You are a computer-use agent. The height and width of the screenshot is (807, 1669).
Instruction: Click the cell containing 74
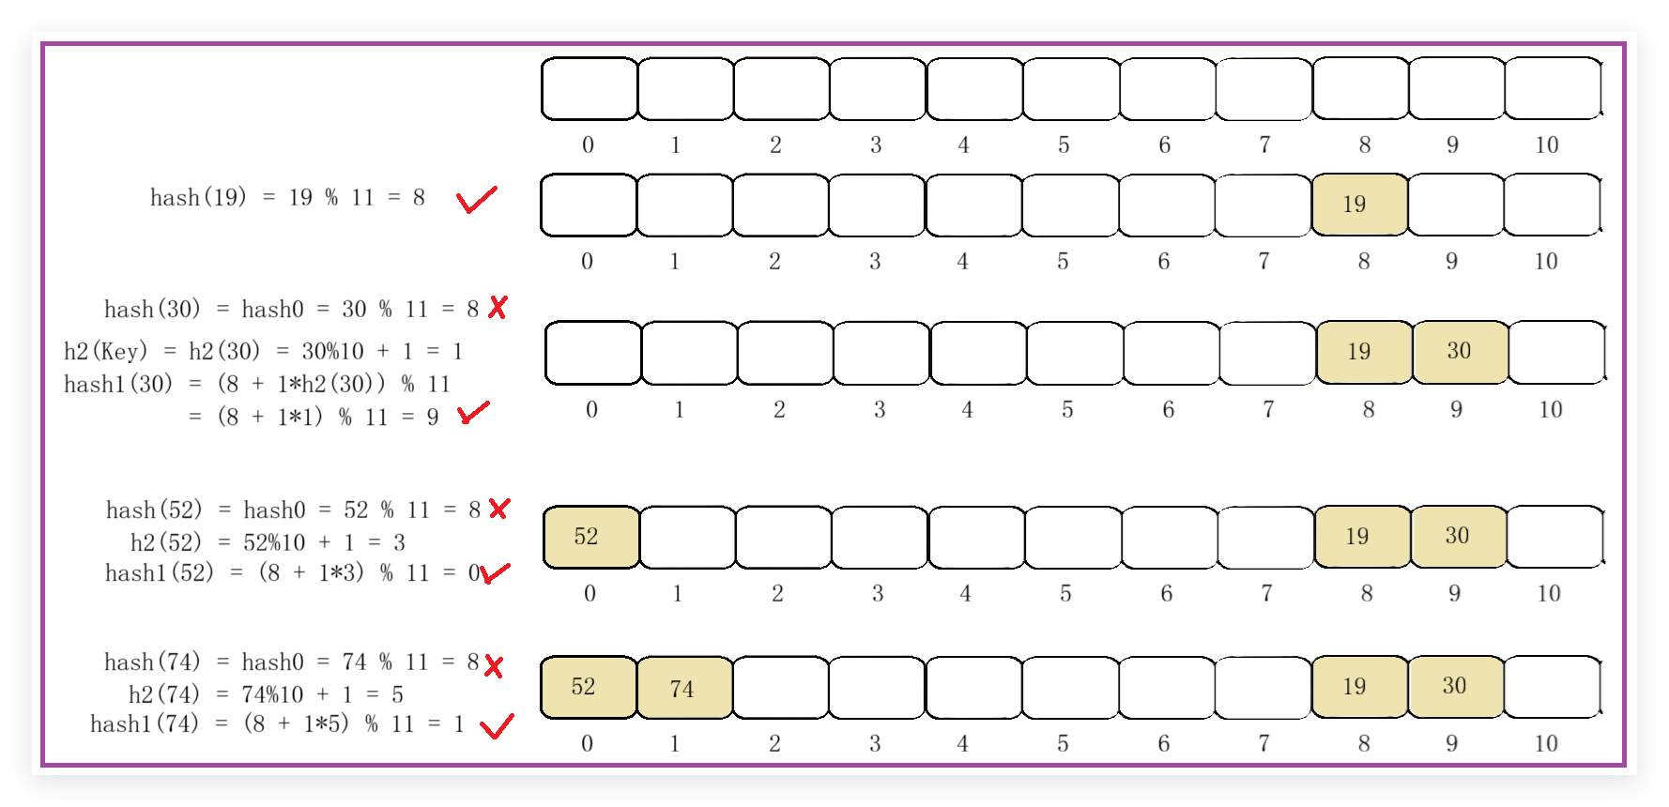[x=683, y=688]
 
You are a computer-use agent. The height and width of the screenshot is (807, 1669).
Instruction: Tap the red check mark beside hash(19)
[x=476, y=199]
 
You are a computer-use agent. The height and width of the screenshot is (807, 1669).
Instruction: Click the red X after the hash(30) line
[x=498, y=307]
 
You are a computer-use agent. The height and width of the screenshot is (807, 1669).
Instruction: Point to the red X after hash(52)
[x=498, y=509]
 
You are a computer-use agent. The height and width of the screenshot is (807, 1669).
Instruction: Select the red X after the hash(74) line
[x=494, y=666]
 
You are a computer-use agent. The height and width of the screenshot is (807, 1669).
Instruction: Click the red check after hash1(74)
[x=497, y=725]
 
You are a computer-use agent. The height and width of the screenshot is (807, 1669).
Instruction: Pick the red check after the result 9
[x=473, y=412]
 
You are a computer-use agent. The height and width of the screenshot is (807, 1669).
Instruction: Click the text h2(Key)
[x=106, y=351]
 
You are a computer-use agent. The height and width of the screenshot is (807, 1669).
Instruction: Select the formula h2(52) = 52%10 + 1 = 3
[x=268, y=542]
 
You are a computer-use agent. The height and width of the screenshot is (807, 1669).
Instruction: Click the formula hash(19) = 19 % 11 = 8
[x=287, y=197]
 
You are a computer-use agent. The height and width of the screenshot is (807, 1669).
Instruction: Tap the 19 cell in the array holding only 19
[x=1357, y=205]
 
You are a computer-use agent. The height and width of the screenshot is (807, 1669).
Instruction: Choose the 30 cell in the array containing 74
[x=1454, y=686]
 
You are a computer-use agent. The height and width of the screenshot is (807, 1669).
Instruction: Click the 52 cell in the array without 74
[x=589, y=537]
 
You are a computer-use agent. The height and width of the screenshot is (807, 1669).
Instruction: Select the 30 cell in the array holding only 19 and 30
[x=1459, y=352]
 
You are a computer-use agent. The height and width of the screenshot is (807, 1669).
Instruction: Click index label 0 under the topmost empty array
[x=588, y=145]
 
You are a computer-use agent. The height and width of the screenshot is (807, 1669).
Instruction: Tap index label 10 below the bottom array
[x=1546, y=743]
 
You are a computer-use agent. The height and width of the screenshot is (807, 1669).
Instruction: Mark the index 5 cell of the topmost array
[x=1070, y=89]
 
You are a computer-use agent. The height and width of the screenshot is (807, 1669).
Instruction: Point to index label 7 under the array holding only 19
[x=1263, y=261]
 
